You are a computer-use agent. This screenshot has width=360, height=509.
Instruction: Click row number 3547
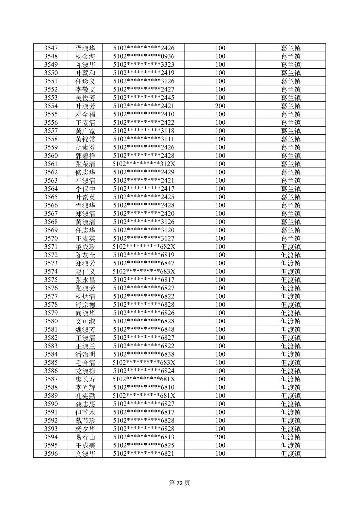pyautogui.click(x=51, y=48)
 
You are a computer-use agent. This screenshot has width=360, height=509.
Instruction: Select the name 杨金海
pyautogui.click(x=85, y=56)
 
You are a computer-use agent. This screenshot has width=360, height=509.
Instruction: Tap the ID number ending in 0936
pyautogui.click(x=144, y=56)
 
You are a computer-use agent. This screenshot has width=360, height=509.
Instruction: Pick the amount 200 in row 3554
pyautogui.click(x=220, y=106)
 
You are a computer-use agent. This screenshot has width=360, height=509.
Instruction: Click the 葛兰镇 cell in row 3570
pyautogui.click(x=291, y=238)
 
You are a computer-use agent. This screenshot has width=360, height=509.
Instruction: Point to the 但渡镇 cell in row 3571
pyautogui.click(x=291, y=247)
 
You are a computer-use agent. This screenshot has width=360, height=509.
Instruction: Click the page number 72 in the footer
pyautogui.click(x=180, y=483)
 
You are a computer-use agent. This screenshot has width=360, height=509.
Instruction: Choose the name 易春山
pyautogui.click(x=85, y=437)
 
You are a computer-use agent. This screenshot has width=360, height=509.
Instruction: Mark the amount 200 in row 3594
pyautogui.click(x=220, y=437)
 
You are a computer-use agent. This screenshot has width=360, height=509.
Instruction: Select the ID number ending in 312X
pyautogui.click(x=144, y=164)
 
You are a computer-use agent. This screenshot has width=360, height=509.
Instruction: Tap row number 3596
pyautogui.click(x=51, y=453)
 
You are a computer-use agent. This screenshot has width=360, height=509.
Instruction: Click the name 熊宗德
pyautogui.click(x=85, y=305)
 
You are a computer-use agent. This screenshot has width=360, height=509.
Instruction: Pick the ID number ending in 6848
pyautogui.click(x=144, y=329)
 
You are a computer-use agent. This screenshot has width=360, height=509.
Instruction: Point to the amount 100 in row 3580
pyautogui.click(x=220, y=321)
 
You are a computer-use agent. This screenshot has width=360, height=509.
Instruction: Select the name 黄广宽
pyautogui.click(x=85, y=131)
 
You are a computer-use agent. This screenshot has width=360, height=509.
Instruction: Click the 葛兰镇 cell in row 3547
pyautogui.click(x=291, y=48)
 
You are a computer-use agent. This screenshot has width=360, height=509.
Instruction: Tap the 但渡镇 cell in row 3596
pyautogui.click(x=291, y=453)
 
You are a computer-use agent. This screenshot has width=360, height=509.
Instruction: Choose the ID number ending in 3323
pyautogui.click(x=144, y=65)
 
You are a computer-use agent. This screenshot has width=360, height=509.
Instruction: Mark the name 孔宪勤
pyautogui.click(x=85, y=395)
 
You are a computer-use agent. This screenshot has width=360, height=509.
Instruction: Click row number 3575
pyautogui.click(x=51, y=280)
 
